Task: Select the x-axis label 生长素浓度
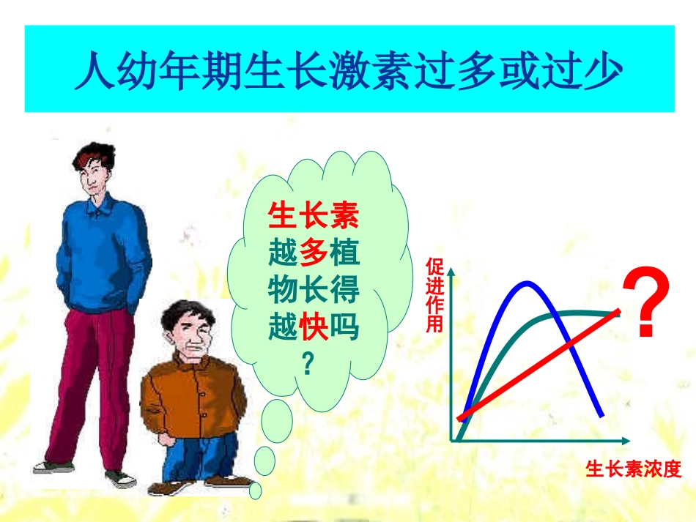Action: coord(633,469)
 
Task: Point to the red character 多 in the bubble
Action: coord(314,253)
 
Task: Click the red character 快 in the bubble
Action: coord(314,327)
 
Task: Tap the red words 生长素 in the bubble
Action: coord(314,216)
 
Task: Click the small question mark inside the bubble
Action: coord(308,364)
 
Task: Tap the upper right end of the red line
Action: coord(619,311)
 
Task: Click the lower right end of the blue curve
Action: coord(601,415)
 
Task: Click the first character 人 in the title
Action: coord(94,70)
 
